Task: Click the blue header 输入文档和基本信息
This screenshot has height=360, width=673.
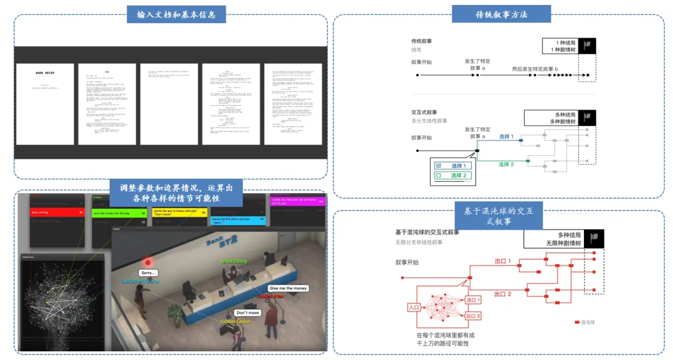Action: pos(176,14)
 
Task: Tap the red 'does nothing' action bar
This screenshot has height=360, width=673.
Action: pos(57,212)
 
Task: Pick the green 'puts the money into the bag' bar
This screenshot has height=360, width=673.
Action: pos(120,213)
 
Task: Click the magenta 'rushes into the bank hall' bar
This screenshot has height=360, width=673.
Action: pos(297,202)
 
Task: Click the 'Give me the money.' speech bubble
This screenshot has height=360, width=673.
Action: pos(289,288)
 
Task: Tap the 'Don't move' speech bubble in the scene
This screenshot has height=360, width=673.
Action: pos(247,312)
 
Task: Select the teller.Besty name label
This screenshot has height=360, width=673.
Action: pos(235,262)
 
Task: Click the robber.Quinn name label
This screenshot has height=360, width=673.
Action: pos(236,321)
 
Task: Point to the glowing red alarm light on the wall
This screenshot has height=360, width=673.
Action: pos(149,262)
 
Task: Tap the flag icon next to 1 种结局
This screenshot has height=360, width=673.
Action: pos(589,45)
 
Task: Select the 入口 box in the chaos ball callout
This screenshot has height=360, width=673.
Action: pos(414,307)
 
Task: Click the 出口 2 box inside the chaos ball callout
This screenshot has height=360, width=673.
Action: pos(474,316)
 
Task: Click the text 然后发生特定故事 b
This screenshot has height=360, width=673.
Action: pos(535,69)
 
